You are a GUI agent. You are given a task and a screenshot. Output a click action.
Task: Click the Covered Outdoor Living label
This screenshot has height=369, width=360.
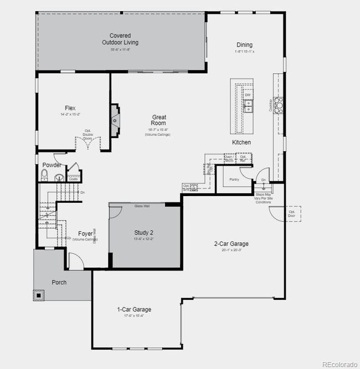point(120,39)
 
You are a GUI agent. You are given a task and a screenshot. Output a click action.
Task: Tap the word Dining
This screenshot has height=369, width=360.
point(244,45)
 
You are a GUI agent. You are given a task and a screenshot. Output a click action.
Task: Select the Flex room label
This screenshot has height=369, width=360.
point(70,108)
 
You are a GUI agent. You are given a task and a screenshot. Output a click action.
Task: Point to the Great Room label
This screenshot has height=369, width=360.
point(159,120)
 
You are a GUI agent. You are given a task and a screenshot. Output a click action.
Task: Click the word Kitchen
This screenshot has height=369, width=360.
point(241,142)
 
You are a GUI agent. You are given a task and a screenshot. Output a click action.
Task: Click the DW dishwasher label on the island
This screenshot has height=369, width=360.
point(248,95)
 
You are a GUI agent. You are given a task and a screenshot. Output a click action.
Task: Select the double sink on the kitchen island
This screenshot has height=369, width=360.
point(248,105)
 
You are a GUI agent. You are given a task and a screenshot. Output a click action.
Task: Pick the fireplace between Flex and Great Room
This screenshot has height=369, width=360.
point(114,120)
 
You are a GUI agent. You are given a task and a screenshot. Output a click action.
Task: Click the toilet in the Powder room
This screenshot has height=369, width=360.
point(45,176)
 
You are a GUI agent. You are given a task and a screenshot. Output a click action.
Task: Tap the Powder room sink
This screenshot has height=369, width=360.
point(59,178)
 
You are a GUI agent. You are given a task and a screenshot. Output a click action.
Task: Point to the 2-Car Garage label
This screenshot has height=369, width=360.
point(231,243)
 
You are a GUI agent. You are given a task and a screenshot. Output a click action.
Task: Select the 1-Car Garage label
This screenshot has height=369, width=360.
point(134,309)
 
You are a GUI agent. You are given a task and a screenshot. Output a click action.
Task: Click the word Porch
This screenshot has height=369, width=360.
point(59,282)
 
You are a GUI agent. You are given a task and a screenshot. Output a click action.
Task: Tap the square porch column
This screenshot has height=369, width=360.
point(39,295)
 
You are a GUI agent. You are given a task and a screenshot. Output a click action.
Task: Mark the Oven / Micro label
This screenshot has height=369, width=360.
point(228,158)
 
